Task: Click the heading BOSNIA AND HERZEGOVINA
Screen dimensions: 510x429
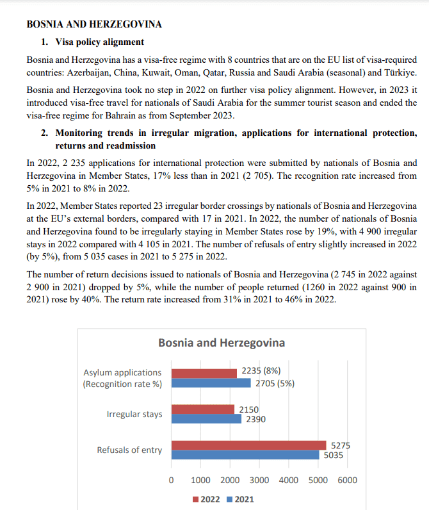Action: (93, 25)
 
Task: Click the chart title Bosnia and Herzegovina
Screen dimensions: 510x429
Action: (222, 343)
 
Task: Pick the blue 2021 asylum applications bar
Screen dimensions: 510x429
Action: (211, 383)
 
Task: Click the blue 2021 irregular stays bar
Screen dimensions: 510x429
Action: (206, 419)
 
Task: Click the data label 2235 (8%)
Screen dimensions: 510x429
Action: (261, 370)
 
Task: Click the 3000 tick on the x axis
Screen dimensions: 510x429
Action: (259, 481)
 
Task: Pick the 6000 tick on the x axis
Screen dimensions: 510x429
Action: (346, 481)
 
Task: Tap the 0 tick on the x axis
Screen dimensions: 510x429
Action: (171, 481)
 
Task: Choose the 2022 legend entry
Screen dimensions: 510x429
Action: (206, 499)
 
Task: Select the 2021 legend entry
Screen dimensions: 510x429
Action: (241, 499)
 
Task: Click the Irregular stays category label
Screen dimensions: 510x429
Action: (134, 414)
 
